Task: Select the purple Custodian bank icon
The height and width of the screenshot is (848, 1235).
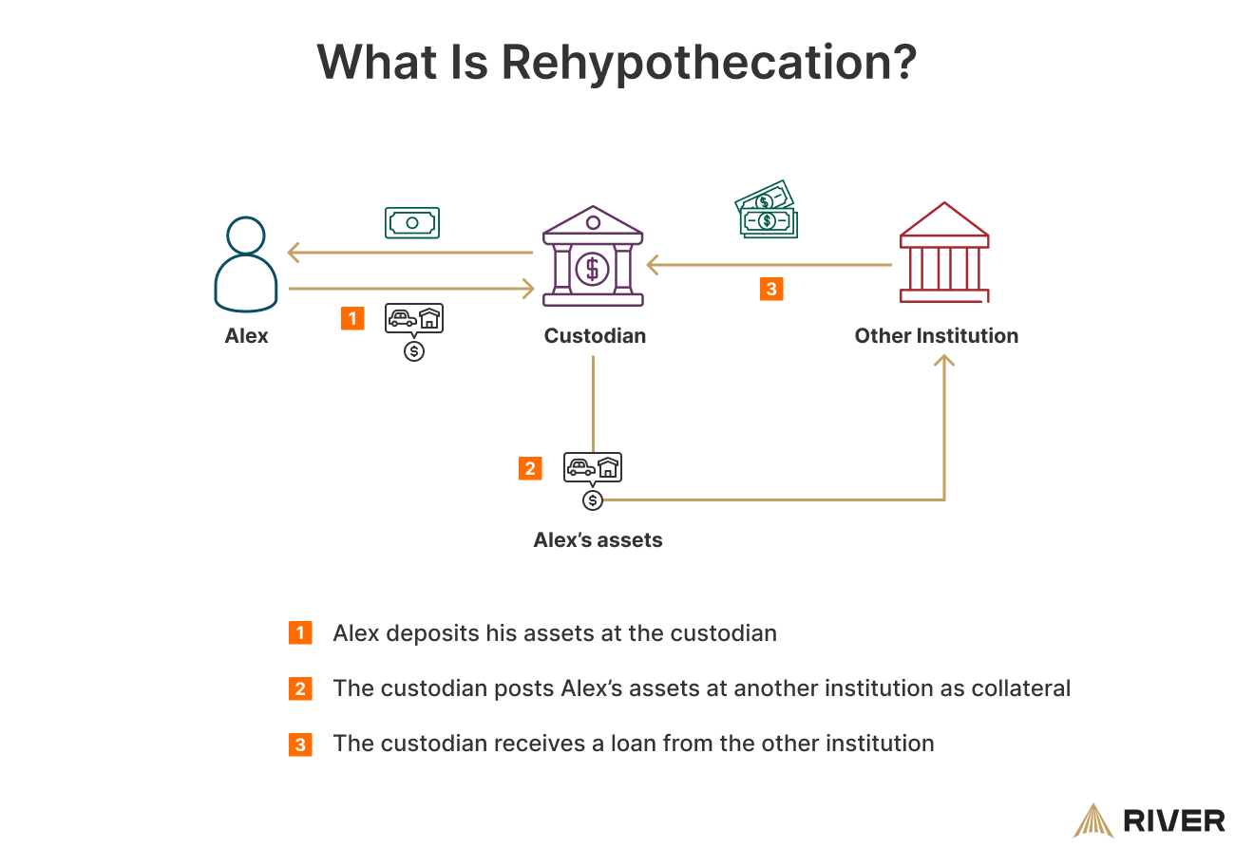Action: pos(593,256)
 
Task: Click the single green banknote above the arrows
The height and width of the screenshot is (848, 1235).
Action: pos(412,222)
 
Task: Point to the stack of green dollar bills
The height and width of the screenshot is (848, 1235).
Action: pos(767,210)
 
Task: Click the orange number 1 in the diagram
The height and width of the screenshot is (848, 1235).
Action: pos(352,318)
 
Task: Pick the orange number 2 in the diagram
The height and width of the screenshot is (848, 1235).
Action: pos(530,468)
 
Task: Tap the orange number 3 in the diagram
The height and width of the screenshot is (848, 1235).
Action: pos(770,289)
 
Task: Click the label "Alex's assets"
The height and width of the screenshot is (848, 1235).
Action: pos(598,540)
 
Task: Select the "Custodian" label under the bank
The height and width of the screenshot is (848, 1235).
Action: pos(595,335)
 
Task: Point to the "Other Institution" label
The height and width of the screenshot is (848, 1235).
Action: pos(936,335)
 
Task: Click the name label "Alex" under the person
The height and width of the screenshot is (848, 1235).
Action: pos(246,335)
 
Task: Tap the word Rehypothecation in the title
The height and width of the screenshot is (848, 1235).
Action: pos(708,63)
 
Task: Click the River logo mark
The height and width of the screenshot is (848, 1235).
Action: pos(1092,820)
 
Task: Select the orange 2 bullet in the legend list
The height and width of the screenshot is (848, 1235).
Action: pos(300,688)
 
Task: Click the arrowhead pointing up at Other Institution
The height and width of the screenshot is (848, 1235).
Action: pos(943,360)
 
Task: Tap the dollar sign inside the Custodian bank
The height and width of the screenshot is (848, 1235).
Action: pos(593,268)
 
